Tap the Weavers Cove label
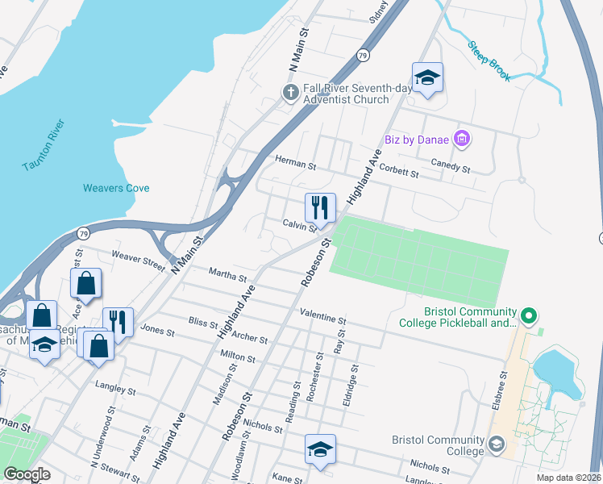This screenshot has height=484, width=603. pyautogui.click(x=116, y=188)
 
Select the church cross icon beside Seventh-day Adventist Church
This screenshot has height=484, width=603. pyautogui.click(x=291, y=93)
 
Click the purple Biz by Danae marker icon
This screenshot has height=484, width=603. pyautogui.click(x=462, y=140)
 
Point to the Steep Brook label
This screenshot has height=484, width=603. pyautogui.click(x=489, y=57)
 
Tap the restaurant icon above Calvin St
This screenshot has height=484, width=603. pyautogui.click(x=320, y=208)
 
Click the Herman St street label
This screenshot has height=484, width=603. pyautogui.click(x=295, y=161)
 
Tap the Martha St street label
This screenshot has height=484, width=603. pyautogui.click(x=227, y=277)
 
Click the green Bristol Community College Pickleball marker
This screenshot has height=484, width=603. pyautogui.click(x=529, y=315)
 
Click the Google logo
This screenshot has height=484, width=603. pyautogui.click(x=27, y=474)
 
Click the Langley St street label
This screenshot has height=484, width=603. pyautogui.click(x=114, y=389)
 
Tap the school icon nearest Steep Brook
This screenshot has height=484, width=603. pyautogui.click(x=426, y=77)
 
